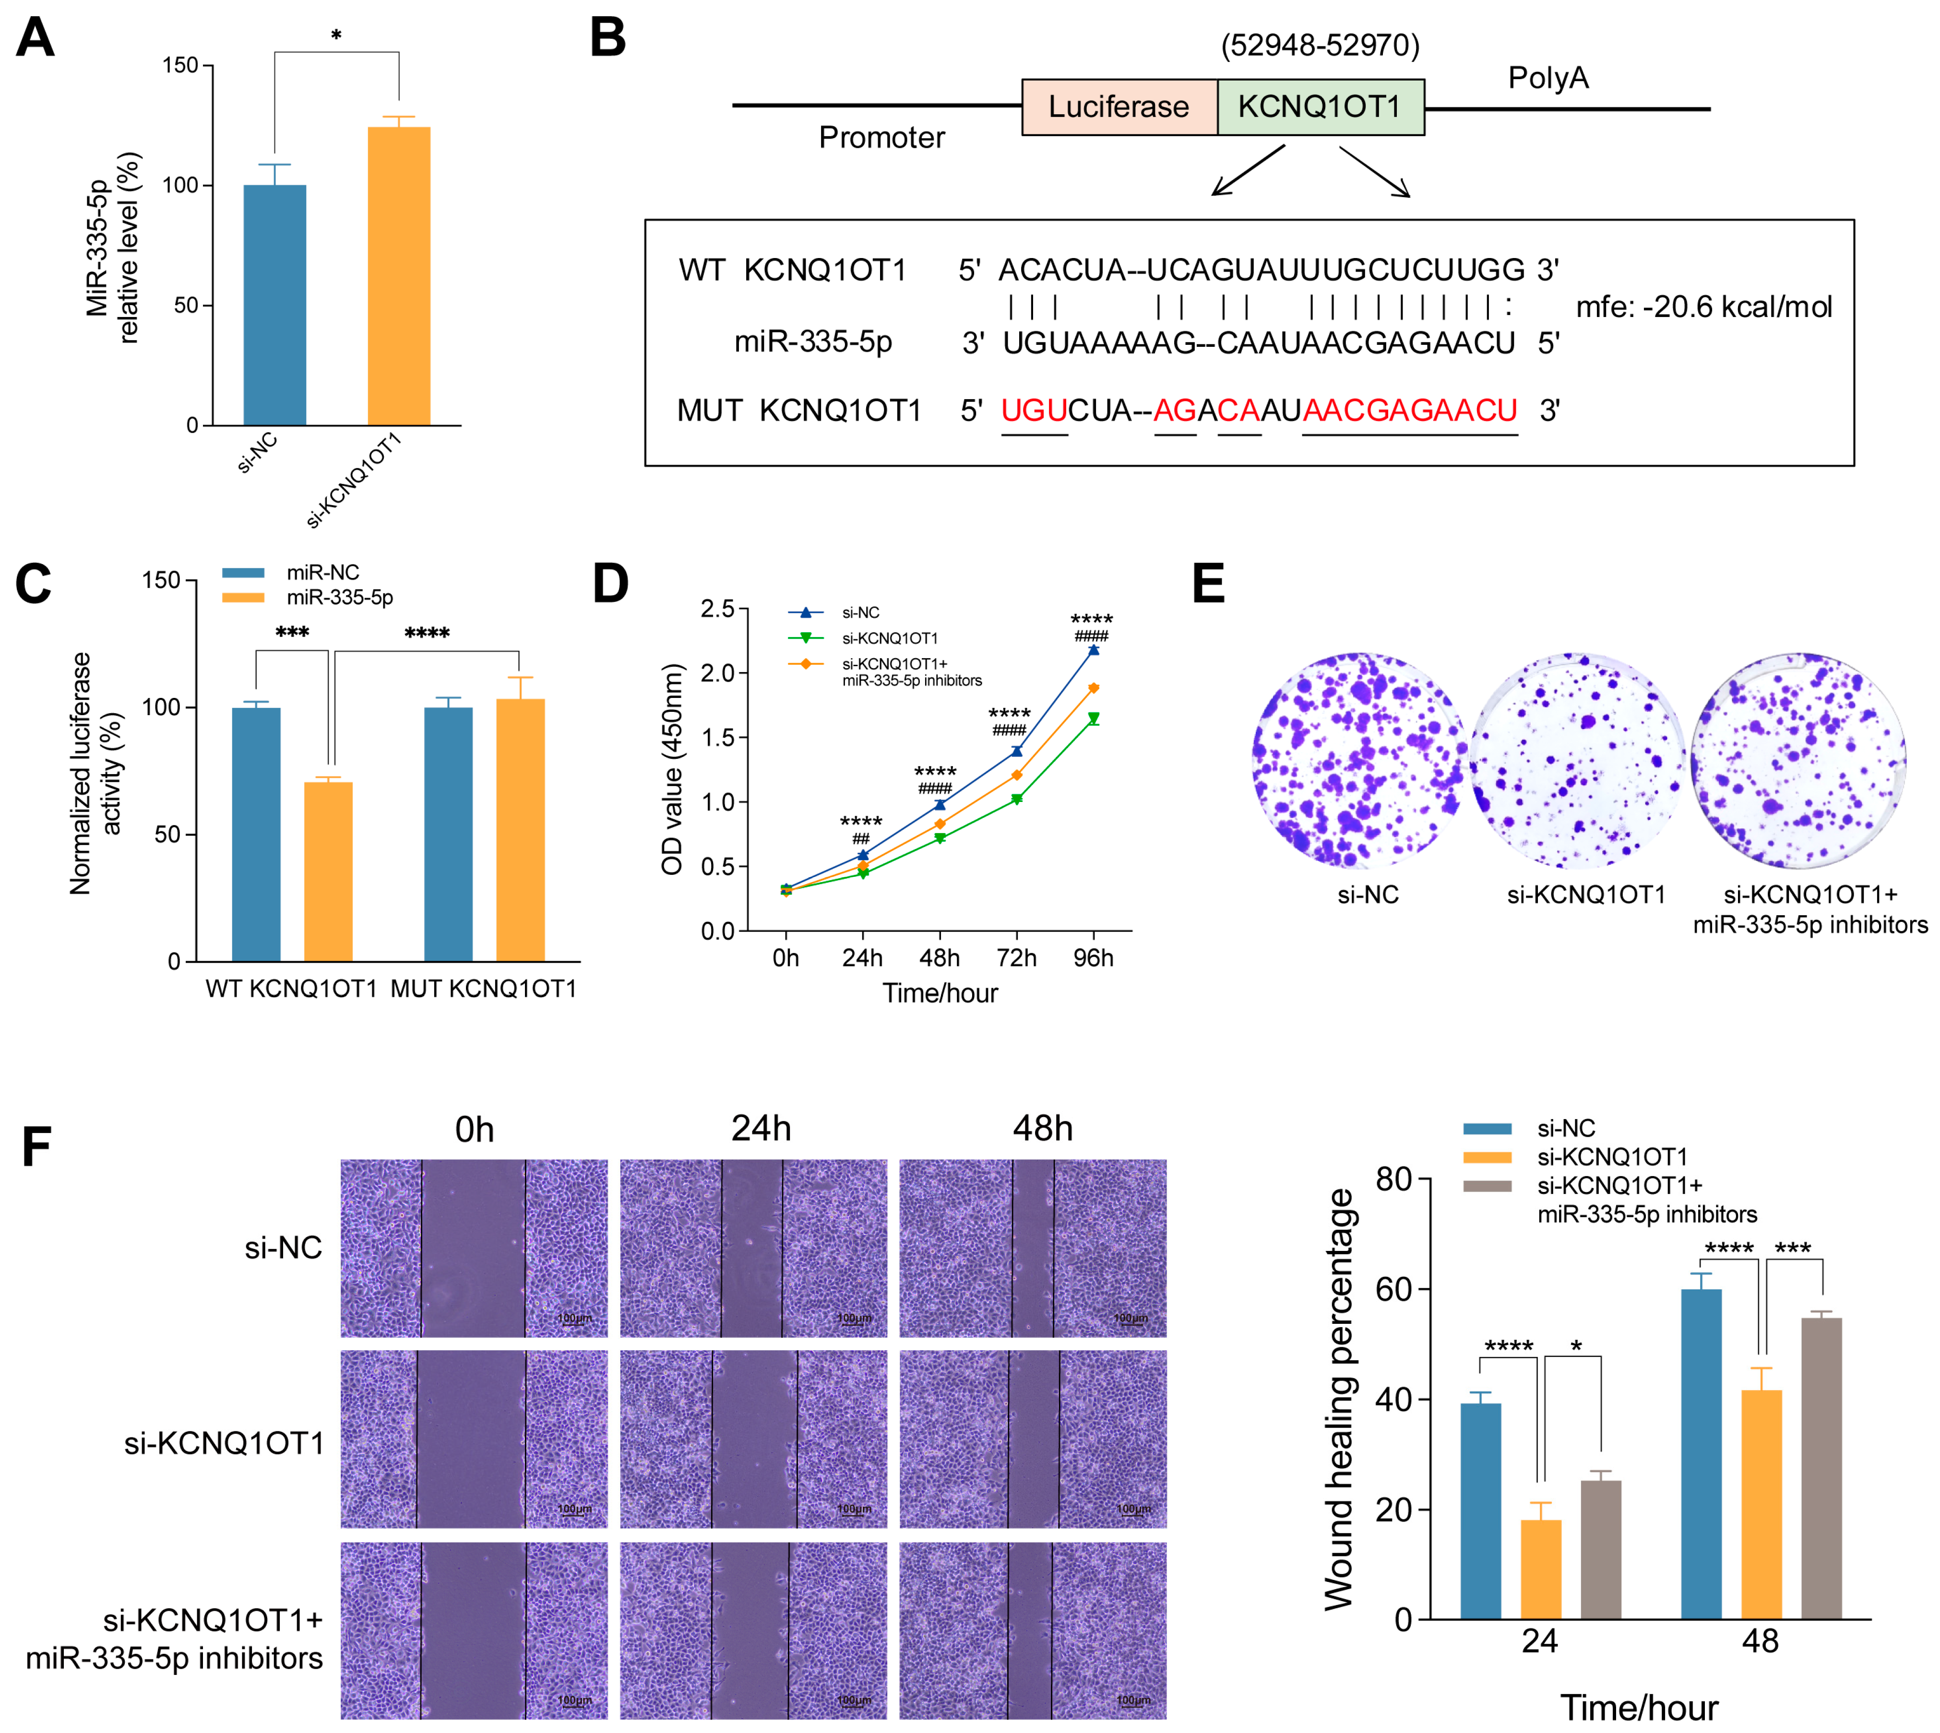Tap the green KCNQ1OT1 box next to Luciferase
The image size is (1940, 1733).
coord(1320,106)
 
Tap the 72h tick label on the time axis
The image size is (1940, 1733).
coord(1016,958)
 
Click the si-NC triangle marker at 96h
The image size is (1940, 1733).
coord(1094,649)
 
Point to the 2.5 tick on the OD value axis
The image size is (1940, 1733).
coord(717,609)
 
